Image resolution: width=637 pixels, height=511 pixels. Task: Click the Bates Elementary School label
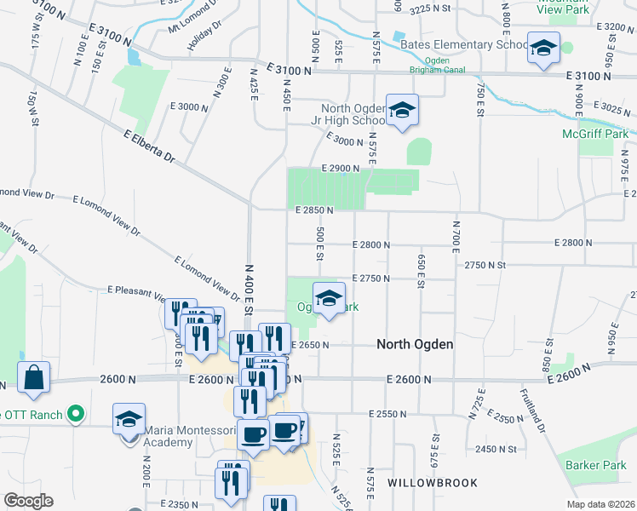[463, 44]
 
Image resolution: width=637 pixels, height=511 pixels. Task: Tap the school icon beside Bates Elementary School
[542, 49]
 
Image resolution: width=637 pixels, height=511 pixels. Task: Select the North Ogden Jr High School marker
[402, 111]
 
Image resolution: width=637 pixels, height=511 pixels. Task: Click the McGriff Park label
[595, 134]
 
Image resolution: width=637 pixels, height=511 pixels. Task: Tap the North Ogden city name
[415, 345]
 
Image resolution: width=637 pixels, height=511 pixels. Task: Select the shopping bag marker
[33, 378]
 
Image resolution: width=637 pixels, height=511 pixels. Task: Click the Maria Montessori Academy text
[192, 436]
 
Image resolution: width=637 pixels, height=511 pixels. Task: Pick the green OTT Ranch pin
[76, 415]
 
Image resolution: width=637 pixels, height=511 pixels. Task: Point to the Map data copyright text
[601, 504]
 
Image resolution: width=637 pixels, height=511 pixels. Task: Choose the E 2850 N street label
[314, 210]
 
